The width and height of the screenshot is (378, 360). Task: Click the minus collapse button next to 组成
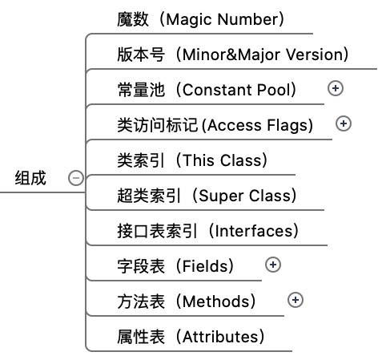[76, 178]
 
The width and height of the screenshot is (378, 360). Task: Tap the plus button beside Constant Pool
[336, 88]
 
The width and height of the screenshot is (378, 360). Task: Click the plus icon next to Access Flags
[344, 123]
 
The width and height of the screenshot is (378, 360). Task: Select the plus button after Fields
[273, 265]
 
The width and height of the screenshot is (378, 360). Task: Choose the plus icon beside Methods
[296, 300]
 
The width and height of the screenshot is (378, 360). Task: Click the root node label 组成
[30, 178]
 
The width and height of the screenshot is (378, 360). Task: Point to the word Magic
[190, 20]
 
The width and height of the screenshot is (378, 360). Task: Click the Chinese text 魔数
[133, 19]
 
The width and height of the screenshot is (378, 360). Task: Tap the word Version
[314, 55]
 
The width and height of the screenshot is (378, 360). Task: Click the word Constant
[217, 90]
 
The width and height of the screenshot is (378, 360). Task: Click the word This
[199, 160]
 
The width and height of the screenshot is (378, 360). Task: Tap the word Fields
[205, 266]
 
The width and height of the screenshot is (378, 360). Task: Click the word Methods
[216, 301]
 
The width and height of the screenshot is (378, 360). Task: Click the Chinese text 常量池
[141, 90]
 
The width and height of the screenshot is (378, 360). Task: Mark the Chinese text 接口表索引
[157, 231]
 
